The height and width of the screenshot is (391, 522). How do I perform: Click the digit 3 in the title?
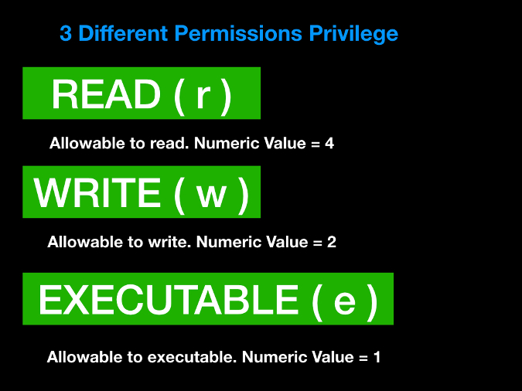point(66,34)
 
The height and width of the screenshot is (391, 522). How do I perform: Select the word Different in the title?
point(122,34)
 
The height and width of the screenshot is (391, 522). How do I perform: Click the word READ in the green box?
point(105,95)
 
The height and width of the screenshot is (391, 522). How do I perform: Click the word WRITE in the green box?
point(96,192)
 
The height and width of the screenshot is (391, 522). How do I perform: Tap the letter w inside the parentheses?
point(210,194)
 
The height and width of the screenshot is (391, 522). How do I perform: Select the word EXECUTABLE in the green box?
point(167,300)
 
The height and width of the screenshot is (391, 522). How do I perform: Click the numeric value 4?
point(329,144)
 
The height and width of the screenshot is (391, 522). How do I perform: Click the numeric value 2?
point(332,242)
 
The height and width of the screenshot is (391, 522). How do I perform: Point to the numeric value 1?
point(376,358)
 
